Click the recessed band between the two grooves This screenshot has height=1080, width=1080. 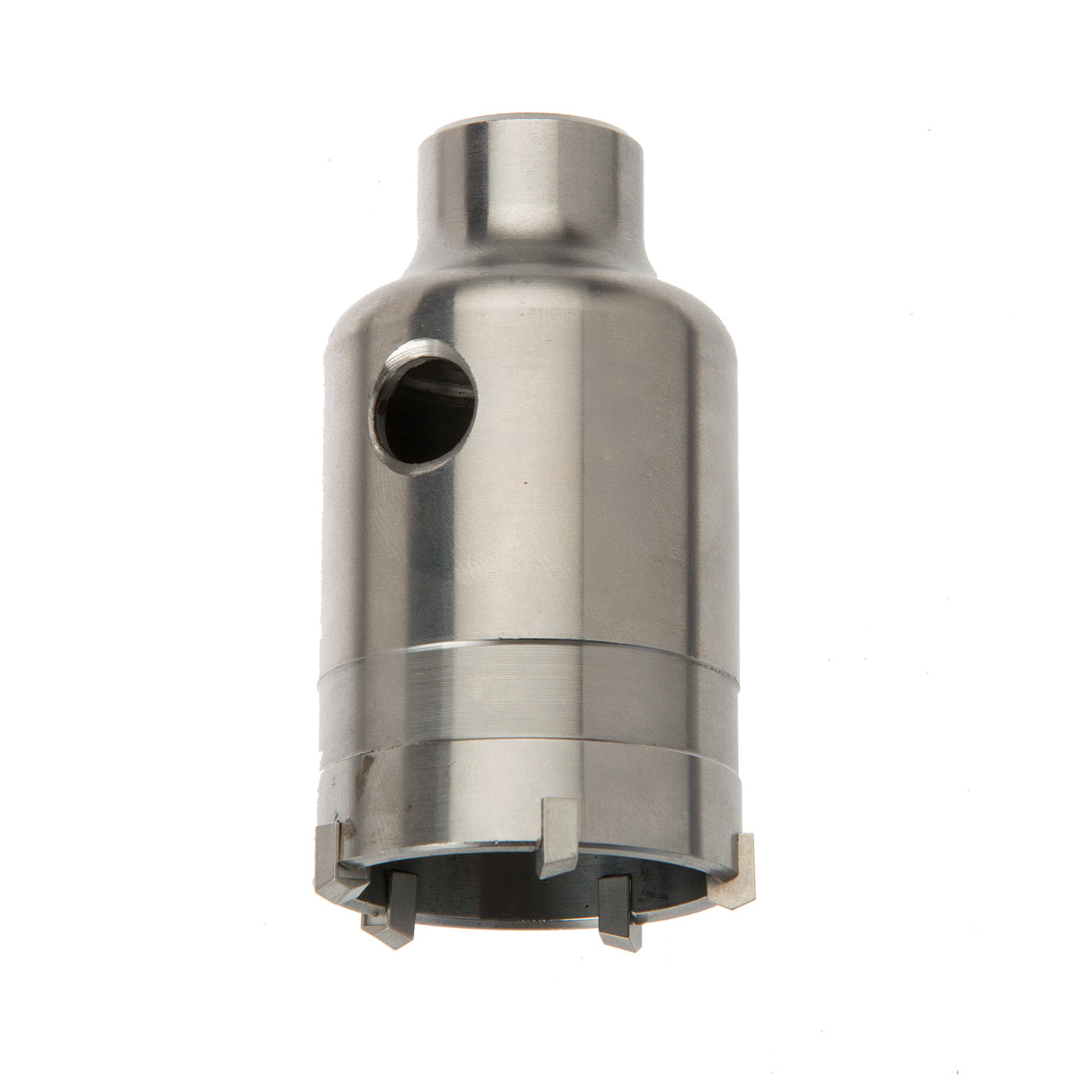531,688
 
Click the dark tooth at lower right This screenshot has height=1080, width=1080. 619,909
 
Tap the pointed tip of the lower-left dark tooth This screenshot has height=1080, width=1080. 385,940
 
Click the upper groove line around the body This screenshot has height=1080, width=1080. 531,645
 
